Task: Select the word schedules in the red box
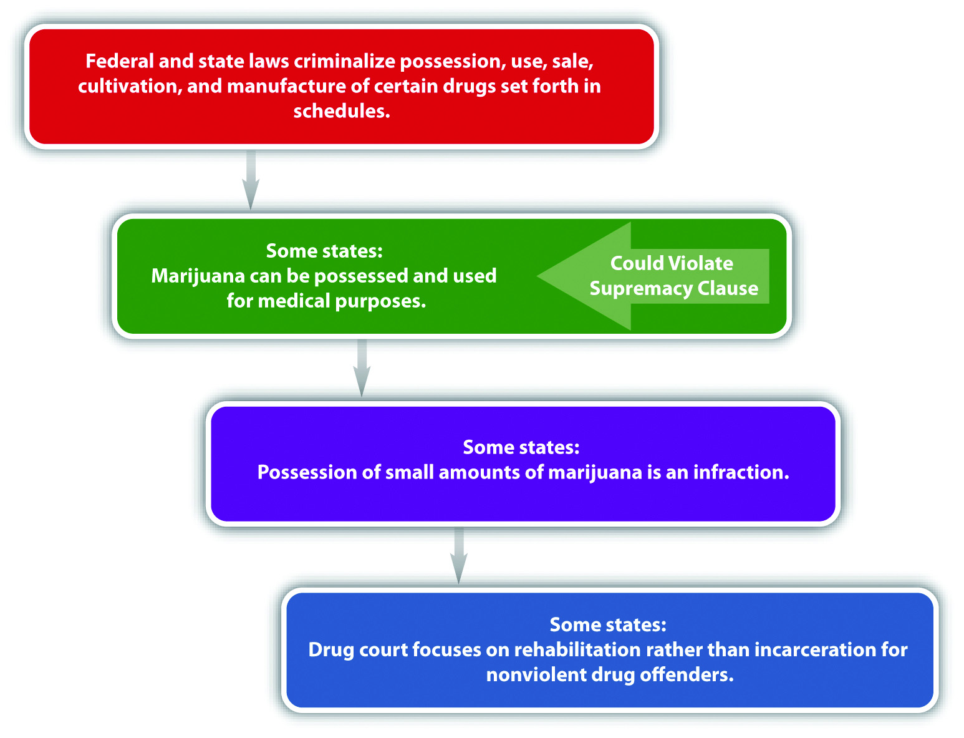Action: [341, 111]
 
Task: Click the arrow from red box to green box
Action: [251, 179]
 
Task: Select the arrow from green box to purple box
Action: [362, 367]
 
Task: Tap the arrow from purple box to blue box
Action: [458, 555]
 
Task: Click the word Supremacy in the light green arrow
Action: [640, 289]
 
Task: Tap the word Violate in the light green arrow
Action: [705, 263]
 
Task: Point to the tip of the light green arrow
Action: [537, 276]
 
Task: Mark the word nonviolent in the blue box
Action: [536, 675]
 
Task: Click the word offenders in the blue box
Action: [687, 675]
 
